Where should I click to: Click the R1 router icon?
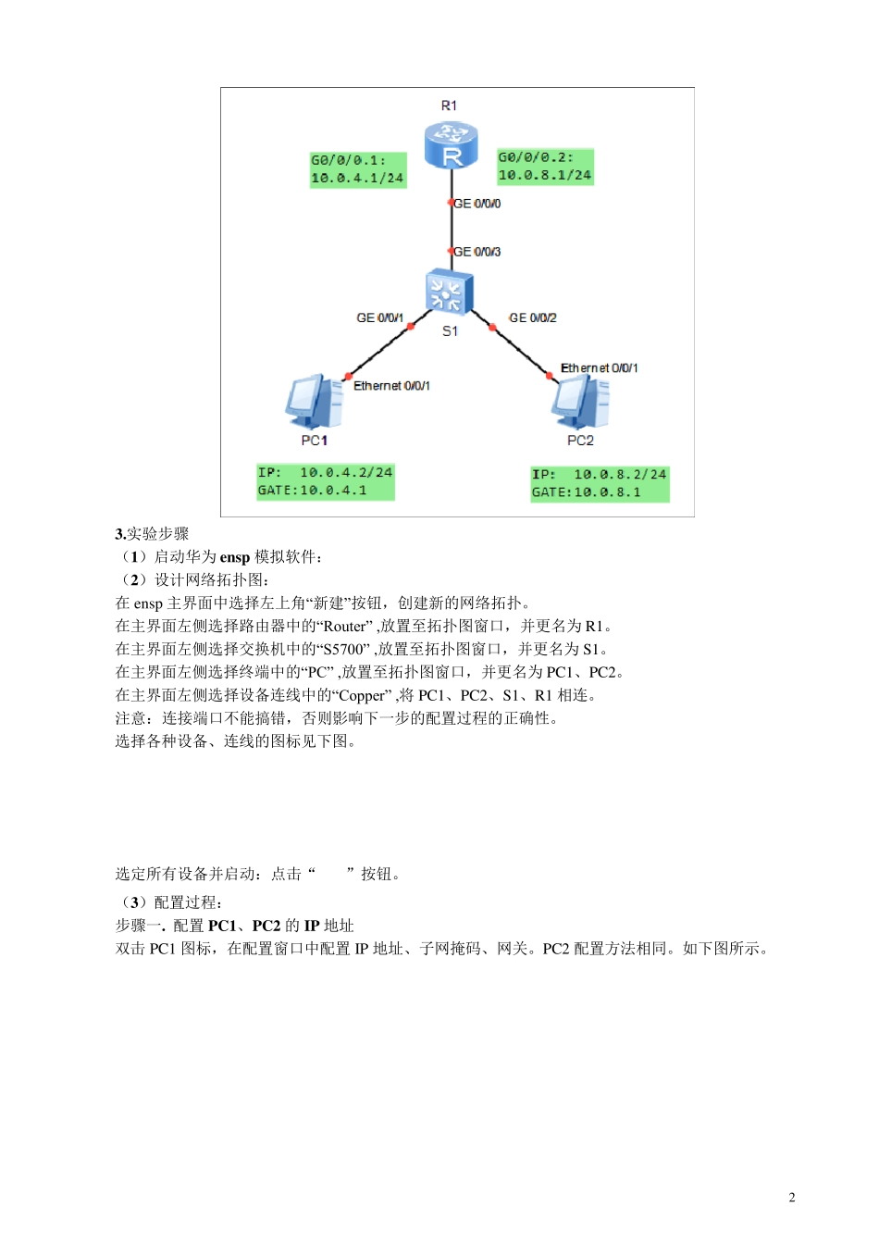pyautogui.click(x=451, y=146)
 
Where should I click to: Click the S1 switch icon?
pyautogui.click(x=449, y=292)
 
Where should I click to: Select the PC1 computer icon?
pyautogui.click(x=314, y=402)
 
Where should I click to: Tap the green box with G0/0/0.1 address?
pyautogui.click(x=357, y=169)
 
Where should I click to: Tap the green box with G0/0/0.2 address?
pyautogui.click(x=545, y=167)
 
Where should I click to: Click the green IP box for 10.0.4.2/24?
pyautogui.click(x=325, y=481)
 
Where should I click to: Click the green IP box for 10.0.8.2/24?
pyautogui.click(x=599, y=483)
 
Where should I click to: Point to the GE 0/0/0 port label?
pyautogui.click(x=477, y=204)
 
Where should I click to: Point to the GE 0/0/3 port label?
pyautogui.click(x=477, y=252)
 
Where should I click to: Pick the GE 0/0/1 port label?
pyautogui.click(x=379, y=317)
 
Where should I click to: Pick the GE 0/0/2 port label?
pyautogui.click(x=533, y=317)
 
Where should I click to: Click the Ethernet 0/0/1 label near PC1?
pyautogui.click(x=391, y=386)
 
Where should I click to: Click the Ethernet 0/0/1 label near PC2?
pyautogui.click(x=599, y=368)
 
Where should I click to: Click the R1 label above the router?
pyautogui.click(x=449, y=106)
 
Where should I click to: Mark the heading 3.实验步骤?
pyautogui.click(x=152, y=534)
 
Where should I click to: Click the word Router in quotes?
pyautogui.click(x=345, y=627)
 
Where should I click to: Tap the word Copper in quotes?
pyautogui.click(x=362, y=696)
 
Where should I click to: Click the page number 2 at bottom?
pyautogui.click(x=791, y=1198)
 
